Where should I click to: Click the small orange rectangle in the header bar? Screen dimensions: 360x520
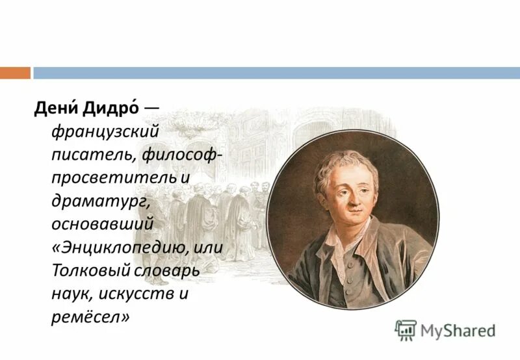(15, 73)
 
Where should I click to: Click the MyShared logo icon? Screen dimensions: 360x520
(406, 330)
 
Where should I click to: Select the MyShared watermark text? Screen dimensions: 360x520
(458, 331)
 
